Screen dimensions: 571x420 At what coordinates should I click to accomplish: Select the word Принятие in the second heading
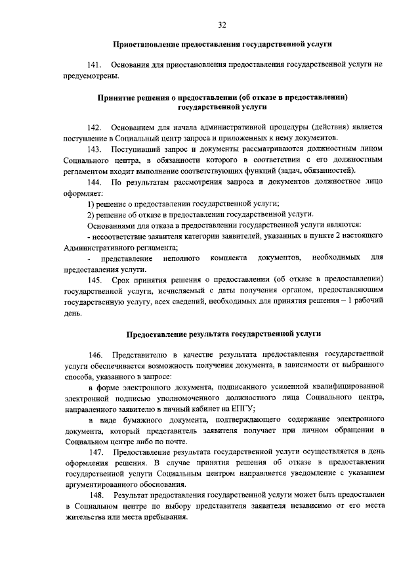tap(119, 97)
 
